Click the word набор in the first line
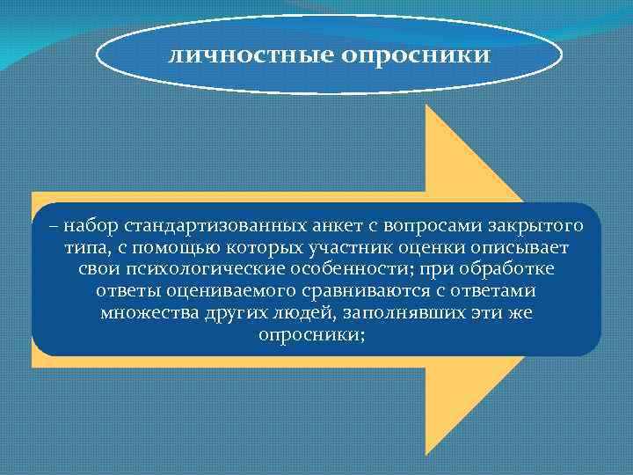pyautogui.click(x=91, y=227)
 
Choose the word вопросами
pyautogui.click(x=395, y=227)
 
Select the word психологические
pyautogui.click(x=186, y=269)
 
